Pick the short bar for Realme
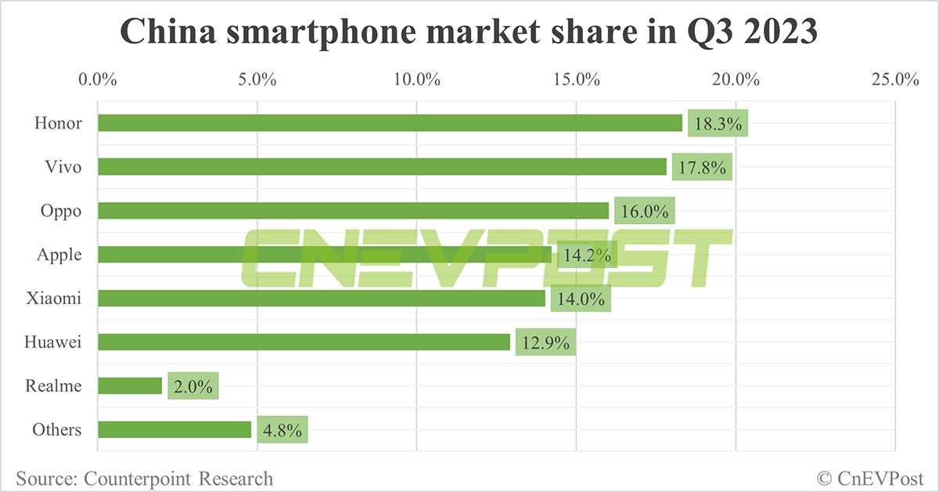[130, 386]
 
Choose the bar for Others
[174, 430]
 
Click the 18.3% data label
[718, 124]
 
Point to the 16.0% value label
[644, 212]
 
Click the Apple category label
[59, 255]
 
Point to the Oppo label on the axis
[61, 211]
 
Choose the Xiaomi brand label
[56, 298]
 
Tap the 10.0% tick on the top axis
[416, 80]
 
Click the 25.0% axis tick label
[895, 80]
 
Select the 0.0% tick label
[98, 80]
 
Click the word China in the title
[167, 33]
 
